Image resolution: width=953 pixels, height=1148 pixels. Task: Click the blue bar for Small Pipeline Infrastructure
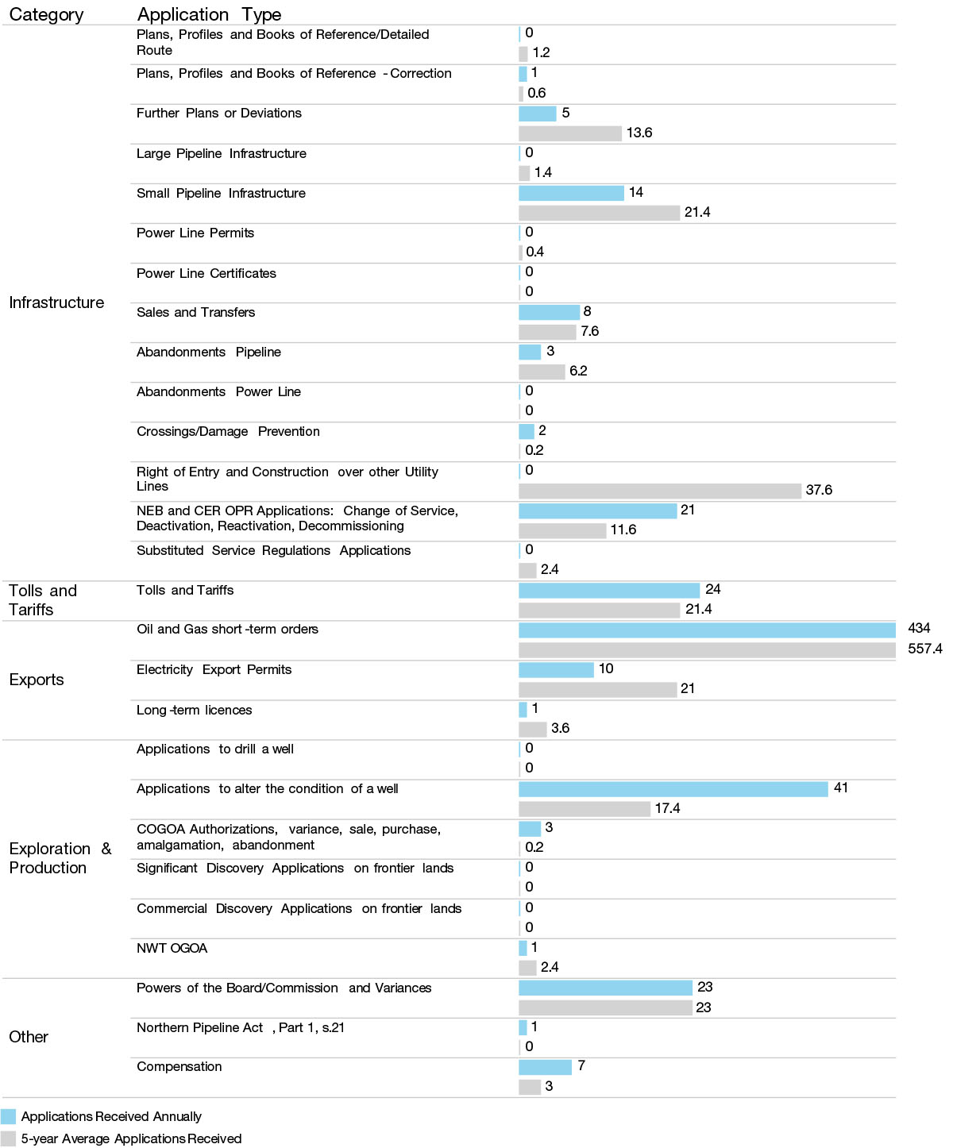point(571,193)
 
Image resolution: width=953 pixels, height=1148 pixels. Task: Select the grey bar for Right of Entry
point(659,491)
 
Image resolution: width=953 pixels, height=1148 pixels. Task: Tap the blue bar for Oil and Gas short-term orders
point(707,630)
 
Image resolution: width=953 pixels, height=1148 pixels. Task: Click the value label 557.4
point(924,649)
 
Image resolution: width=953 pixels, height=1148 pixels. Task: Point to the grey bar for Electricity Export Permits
point(597,689)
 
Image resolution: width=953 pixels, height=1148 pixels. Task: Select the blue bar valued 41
point(673,788)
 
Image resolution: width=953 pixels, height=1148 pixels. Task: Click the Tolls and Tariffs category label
point(43,600)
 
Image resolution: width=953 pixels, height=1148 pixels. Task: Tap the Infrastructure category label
point(56,302)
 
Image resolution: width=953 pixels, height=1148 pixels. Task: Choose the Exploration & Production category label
point(60,858)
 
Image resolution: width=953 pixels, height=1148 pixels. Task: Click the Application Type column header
point(209,14)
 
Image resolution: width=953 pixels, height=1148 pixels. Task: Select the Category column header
point(46,14)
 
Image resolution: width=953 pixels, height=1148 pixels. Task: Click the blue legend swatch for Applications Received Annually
point(9,1116)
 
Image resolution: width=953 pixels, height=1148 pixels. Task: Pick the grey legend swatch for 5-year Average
point(9,1138)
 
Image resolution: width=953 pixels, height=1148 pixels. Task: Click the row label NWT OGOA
point(172,948)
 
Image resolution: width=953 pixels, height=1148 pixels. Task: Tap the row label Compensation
point(179,1067)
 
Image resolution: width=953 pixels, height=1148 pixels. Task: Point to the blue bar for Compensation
point(545,1067)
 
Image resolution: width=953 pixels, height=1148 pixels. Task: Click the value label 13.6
point(639,133)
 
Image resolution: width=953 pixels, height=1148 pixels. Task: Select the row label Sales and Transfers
point(195,312)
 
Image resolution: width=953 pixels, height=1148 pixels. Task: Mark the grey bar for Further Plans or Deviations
point(569,133)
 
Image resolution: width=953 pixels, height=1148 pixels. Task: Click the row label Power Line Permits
point(195,233)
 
